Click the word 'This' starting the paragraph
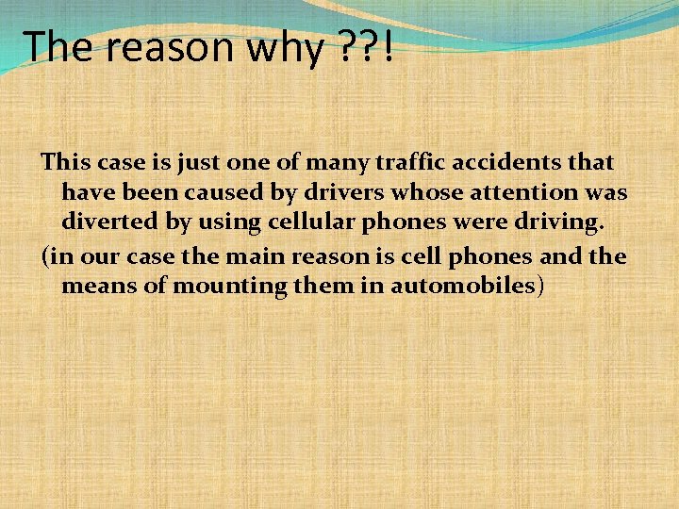(64, 162)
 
